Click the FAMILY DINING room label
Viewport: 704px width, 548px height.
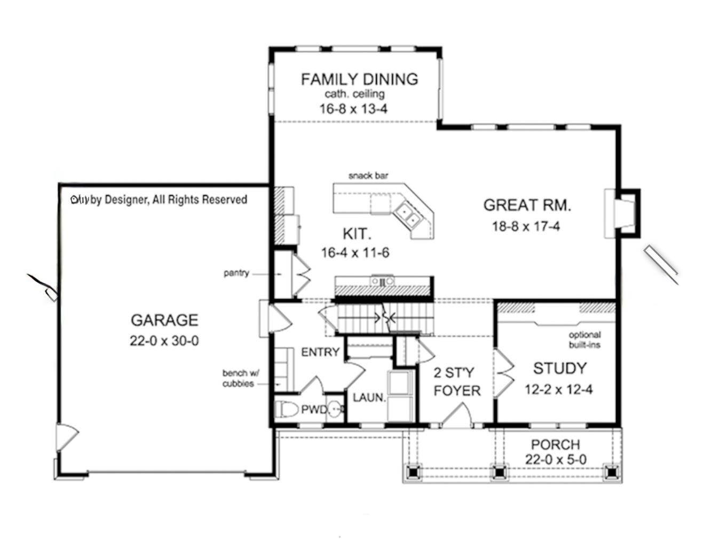(359, 79)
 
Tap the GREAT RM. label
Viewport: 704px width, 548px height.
(526, 205)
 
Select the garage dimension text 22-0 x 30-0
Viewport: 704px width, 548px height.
(164, 341)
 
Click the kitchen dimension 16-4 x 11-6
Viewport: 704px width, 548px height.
(355, 253)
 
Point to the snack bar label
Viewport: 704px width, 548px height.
(368, 176)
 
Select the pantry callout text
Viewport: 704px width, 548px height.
(236, 273)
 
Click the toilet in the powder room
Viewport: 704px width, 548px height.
(288, 410)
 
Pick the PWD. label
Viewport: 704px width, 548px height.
(314, 410)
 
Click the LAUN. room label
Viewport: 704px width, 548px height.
(369, 398)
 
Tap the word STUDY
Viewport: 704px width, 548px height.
(559, 369)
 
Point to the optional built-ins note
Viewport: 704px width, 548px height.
(584, 340)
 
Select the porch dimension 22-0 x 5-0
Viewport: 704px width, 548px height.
(555, 459)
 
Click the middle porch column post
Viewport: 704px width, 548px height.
(499, 472)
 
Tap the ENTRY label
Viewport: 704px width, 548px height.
(320, 352)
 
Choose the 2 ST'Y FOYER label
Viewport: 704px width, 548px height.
(456, 381)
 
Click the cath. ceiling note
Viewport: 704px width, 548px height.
(354, 94)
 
